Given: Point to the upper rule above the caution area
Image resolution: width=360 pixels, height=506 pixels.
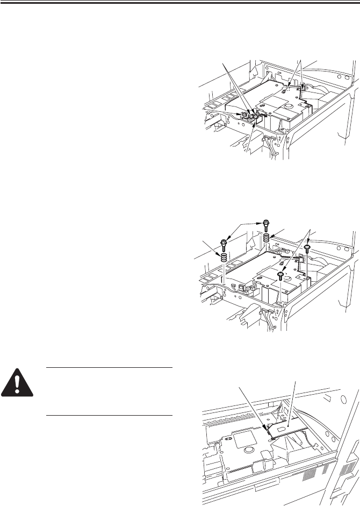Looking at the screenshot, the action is (109, 368).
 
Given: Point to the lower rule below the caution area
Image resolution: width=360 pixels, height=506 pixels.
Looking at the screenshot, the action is (109, 415).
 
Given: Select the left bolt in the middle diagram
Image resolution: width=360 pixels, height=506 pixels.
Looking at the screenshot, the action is (224, 243).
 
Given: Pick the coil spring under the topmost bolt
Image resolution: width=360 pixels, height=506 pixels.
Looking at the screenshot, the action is (267, 238).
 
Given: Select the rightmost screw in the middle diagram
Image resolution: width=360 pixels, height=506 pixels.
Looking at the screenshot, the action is (307, 248).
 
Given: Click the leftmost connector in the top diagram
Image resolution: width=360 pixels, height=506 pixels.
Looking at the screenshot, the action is (244, 114).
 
